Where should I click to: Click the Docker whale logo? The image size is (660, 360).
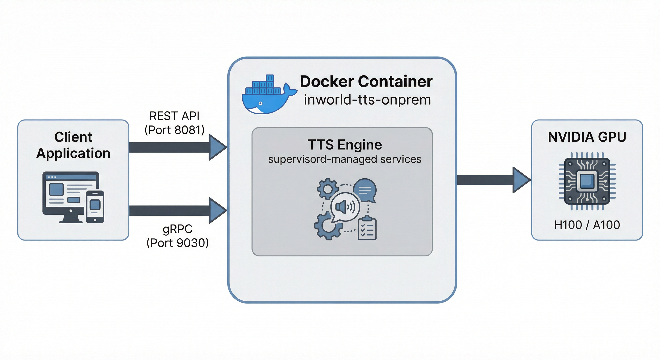tap(266, 96)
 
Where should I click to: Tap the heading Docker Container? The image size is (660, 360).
tap(366, 82)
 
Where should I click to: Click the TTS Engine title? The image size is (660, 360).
tap(344, 145)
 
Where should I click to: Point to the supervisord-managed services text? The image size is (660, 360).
tap(344, 159)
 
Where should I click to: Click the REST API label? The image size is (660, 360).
tap(174, 116)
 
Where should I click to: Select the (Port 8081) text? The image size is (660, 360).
tap(174, 130)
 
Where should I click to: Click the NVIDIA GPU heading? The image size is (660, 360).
tap(587, 137)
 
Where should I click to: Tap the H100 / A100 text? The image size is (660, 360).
tap(587, 225)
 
